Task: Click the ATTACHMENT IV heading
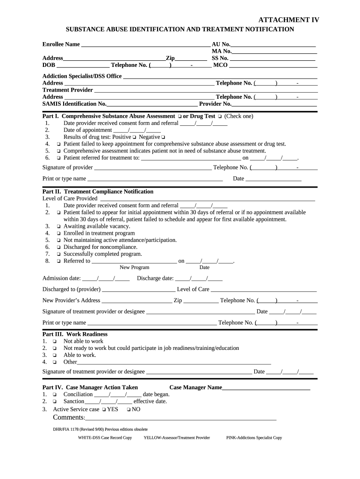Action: coord(289,20)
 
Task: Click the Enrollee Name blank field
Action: coord(145,45)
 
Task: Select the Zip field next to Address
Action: coord(191,58)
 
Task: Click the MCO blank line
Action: coord(273,65)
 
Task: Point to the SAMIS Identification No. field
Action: coord(152,104)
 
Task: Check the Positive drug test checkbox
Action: coord(134,137)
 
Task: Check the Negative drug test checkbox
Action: coord(163,137)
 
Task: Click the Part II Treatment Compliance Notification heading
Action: coord(98,191)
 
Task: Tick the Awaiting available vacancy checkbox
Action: coord(59,226)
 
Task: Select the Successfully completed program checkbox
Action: coord(59,254)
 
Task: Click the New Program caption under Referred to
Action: coord(134,268)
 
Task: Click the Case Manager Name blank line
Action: coord(266,388)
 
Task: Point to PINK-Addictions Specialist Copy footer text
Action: coord(254,438)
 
